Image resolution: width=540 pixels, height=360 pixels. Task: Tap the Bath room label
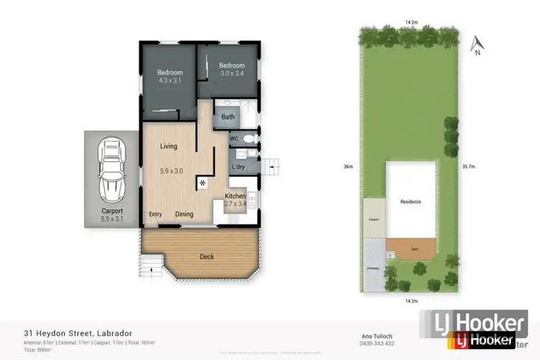coord(228,117)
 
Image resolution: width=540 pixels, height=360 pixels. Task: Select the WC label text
coord(234,138)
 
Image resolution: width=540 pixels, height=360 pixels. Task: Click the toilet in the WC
coord(248,138)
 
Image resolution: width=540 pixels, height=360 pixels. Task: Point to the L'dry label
coord(238,168)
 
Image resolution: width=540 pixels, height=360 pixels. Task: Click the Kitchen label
coord(235,197)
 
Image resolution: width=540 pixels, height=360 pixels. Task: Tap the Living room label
coord(168,146)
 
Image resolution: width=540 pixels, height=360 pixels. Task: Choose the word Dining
coord(184,214)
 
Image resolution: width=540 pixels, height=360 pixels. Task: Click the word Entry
coord(156,214)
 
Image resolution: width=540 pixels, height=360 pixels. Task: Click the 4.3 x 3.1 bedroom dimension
coord(171,81)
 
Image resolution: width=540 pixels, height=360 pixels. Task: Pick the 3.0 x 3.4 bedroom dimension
coord(232,74)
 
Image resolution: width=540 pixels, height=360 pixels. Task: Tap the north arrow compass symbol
coord(475,46)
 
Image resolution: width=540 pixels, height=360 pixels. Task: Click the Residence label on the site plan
coord(410,202)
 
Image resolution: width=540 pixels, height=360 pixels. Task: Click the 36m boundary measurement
coord(348,166)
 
